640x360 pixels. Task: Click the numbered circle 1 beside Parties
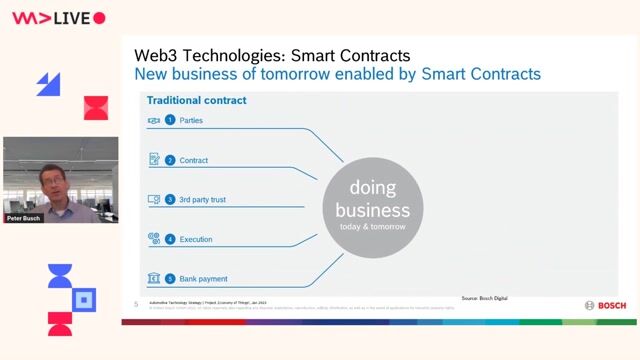[x=170, y=120]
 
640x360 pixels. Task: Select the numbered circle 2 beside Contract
[x=170, y=160]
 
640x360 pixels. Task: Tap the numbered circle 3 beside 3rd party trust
[x=170, y=200]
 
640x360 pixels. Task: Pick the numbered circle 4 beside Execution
[x=170, y=240]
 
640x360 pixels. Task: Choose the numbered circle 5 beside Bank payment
[x=170, y=279]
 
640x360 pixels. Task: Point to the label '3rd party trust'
[x=203, y=200]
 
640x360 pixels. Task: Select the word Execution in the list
[x=196, y=240]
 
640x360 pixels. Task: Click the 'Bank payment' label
[x=204, y=279]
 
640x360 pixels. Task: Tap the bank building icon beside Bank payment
[x=154, y=278]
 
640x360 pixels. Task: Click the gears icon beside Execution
[x=154, y=239]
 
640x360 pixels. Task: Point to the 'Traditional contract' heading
[x=196, y=100]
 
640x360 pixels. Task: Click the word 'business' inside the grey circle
[x=372, y=210]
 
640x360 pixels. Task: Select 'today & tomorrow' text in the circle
[x=372, y=226]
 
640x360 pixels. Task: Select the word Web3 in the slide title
[x=161, y=55]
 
